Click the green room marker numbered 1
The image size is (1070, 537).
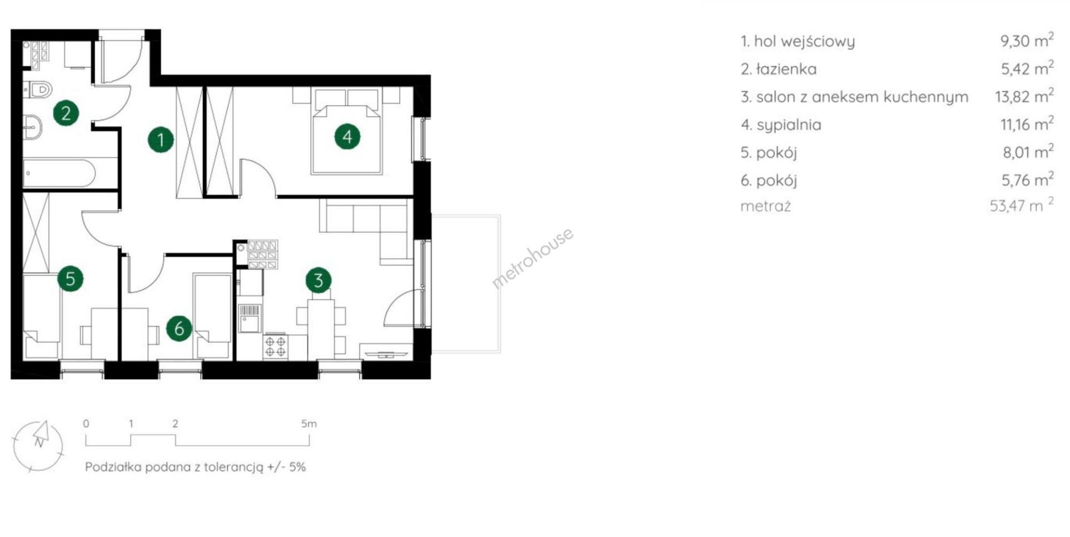pyautogui.click(x=160, y=139)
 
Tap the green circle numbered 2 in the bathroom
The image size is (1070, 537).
pyautogui.click(x=66, y=113)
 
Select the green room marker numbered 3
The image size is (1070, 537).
pyautogui.click(x=318, y=280)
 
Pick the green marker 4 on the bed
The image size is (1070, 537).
pyautogui.click(x=347, y=136)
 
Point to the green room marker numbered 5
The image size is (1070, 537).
pyautogui.click(x=70, y=279)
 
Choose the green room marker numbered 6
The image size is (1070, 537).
pyautogui.click(x=179, y=328)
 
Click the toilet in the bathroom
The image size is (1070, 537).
pyautogui.click(x=38, y=89)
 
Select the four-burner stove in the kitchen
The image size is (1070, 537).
pyautogui.click(x=276, y=346)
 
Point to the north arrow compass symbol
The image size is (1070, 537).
pyautogui.click(x=38, y=446)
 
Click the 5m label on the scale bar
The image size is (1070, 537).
pyautogui.click(x=309, y=424)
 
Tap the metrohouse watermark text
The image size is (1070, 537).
pyautogui.click(x=532, y=258)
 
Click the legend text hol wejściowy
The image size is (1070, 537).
pyautogui.click(x=804, y=42)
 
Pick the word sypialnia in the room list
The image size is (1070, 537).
pyautogui.click(x=789, y=125)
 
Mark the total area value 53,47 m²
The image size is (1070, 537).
pyautogui.click(x=1022, y=205)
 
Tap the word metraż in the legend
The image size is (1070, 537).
pyautogui.click(x=766, y=206)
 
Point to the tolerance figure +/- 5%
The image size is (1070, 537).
pyautogui.click(x=286, y=467)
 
